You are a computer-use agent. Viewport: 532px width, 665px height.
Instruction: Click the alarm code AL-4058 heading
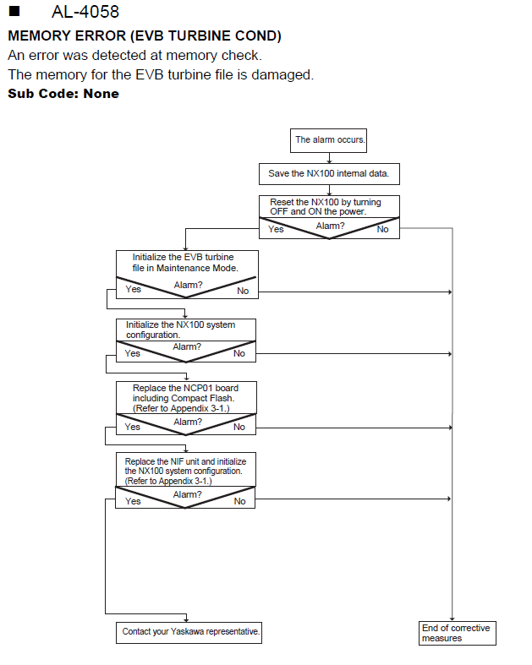[85, 12]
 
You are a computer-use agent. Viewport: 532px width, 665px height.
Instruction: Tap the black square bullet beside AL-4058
[14, 11]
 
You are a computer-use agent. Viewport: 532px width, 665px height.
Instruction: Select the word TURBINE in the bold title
[200, 35]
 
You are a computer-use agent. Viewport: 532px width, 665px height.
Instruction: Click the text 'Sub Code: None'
[63, 93]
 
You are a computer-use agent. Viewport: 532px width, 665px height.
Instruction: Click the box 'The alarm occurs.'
[329, 140]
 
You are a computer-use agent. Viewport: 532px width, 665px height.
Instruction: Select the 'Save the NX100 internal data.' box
[329, 174]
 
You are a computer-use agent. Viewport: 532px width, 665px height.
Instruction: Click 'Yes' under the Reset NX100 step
[276, 229]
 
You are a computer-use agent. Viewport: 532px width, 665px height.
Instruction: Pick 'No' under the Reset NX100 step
[382, 229]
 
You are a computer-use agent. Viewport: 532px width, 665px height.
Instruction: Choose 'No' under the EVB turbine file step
[243, 291]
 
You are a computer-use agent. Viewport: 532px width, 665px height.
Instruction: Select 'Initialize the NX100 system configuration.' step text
[180, 330]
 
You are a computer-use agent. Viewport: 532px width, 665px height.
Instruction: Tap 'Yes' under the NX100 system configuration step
[133, 353]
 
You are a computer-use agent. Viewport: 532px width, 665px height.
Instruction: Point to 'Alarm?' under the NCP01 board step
[188, 422]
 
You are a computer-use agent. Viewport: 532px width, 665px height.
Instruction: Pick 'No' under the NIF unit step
[240, 501]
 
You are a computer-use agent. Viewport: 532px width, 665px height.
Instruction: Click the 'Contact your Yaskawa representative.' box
[189, 633]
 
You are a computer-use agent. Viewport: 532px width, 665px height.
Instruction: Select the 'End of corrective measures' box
[458, 633]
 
